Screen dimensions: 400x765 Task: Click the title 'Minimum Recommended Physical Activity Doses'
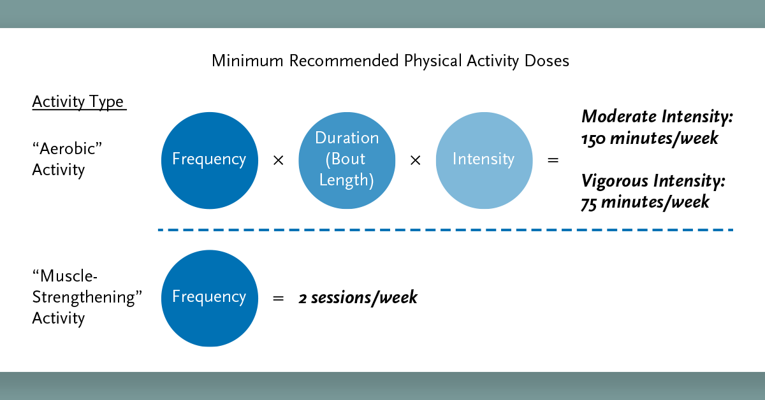click(x=390, y=61)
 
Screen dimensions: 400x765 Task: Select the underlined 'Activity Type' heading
click(x=78, y=102)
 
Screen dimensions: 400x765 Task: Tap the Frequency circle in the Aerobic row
click(x=209, y=159)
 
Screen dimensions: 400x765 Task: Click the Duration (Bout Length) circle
click(x=346, y=159)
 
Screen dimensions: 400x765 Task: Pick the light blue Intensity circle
click(x=483, y=159)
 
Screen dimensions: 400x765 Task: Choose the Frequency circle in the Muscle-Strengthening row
click(x=209, y=297)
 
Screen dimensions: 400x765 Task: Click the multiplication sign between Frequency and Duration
click(x=278, y=161)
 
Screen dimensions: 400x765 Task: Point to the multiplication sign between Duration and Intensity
click(x=415, y=161)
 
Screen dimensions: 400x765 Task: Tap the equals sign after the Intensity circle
click(x=553, y=161)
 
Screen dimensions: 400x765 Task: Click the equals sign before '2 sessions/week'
click(x=278, y=298)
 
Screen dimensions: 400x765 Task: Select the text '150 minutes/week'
click(x=650, y=138)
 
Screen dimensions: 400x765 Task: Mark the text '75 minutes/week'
click(x=645, y=203)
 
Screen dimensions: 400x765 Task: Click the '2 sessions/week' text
click(x=358, y=297)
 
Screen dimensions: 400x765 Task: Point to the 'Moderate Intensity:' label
click(x=657, y=117)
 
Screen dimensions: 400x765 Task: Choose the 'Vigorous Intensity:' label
click(x=653, y=182)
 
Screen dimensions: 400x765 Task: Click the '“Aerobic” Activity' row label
click(x=67, y=159)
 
